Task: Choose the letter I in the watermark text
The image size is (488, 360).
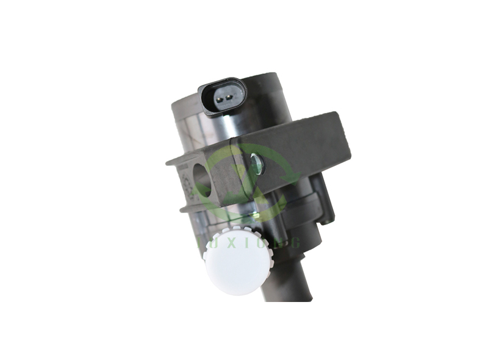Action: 245,243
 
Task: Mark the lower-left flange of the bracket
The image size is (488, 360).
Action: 183,208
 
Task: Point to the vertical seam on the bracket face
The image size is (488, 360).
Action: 239,174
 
